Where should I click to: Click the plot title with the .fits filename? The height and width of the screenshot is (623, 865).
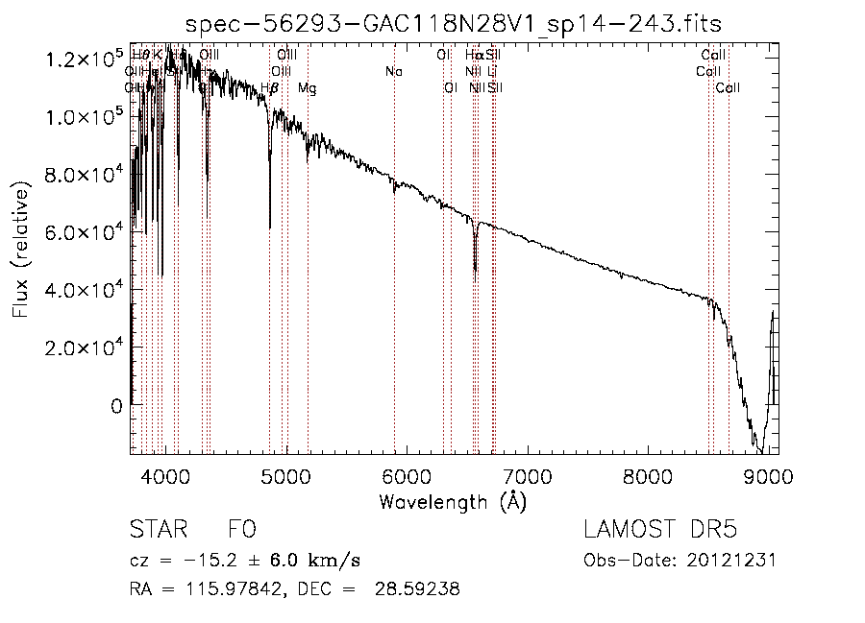pos(455,22)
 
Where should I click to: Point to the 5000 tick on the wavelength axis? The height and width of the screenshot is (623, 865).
pos(287,477)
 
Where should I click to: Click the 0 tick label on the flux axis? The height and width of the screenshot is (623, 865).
pos(115,405)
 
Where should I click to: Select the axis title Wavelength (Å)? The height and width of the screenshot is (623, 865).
pos(453,501)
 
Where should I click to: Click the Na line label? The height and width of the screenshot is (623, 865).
pos(393,71)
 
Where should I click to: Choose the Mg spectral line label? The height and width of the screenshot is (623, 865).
pos(307,88)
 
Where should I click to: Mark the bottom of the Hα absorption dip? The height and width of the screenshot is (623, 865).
pos(475,270)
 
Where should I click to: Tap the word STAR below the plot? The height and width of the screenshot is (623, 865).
pos(159,531)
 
